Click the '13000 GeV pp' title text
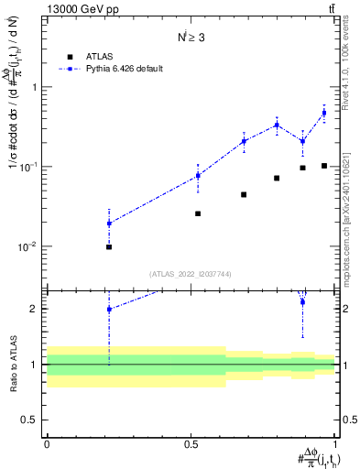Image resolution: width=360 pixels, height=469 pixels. (82, 10)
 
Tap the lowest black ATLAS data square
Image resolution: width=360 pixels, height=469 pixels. (109, 246)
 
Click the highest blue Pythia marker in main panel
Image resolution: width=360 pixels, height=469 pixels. (324, 114)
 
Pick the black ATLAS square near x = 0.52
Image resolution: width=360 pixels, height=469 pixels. (198, 213)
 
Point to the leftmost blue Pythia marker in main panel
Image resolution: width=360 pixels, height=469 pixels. (109, 224)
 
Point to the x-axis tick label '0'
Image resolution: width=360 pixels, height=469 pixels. (47, 444)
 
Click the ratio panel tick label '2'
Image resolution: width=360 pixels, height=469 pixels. (35, 309)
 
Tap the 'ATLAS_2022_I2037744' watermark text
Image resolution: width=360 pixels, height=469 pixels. (191, 274)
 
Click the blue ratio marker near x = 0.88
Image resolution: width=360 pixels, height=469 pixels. (302, 301)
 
